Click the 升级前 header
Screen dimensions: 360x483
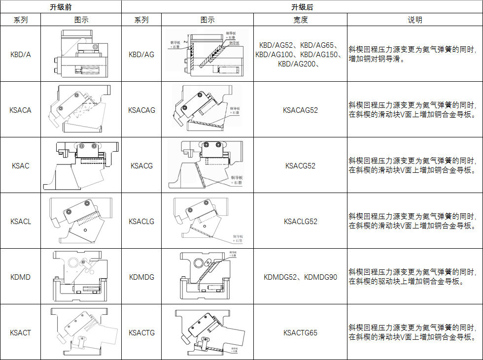coord(60,7)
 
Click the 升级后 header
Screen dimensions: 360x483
coord(302,7)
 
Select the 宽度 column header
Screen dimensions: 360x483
coord(300,20)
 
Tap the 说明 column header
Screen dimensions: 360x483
coord(414,20)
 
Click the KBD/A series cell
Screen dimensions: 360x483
coord(20,54)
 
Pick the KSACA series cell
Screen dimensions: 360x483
coord(20,110)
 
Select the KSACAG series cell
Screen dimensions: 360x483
coord(141,110)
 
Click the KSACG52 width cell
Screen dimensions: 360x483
coord(300,166)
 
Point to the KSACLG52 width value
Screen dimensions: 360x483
coord(300,222)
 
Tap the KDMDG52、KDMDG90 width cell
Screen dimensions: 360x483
coord(300,277)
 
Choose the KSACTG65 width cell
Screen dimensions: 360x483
coord(300,333)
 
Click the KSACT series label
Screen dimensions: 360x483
coord(20,333)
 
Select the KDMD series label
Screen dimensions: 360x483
coord(20,277)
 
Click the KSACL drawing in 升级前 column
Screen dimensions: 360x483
coord(80,221)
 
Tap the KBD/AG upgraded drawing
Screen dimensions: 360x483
coord(207,54)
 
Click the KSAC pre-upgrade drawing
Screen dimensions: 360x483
coord(81,166)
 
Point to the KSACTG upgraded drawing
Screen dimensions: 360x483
coord(207,332)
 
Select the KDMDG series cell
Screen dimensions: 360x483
coord(141,277)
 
